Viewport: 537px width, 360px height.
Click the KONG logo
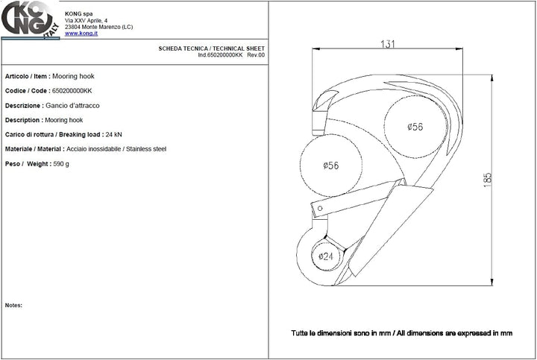pyautogui.click(x=30, y=19)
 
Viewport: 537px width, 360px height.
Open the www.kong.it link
pyautogui.click(x=81, y=34)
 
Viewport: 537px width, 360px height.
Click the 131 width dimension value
pyautogui.click(x=387, y=44)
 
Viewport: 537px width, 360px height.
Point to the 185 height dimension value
pyautogui.click(x=487, y=180)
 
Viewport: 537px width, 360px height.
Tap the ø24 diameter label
pyautogui.click(x=326, y=256)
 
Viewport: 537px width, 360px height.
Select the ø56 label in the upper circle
pyautogui.click(x=415, y=127)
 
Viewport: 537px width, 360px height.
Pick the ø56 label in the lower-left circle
pyautogui.click(x=331, y=165)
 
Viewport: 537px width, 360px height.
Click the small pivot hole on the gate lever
pyautogui.click(x=320, y=208)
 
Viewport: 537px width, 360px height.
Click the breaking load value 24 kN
pyautogui.click(x=113, y=134)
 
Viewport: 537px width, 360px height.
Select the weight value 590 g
pyautogui.click(x=61, y=164)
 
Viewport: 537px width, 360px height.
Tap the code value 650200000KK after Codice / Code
pyautogui.click(x=72, y=91)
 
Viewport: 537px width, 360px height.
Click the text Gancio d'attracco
pyautogui.click(x=72, y=105)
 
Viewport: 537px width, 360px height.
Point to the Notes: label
pyautogui.click(x=13, y=306)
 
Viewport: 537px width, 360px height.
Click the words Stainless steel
pyautogui.click(x=146, y=149)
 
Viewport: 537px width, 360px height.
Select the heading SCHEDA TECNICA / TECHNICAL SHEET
pyautogui.click(x=211, y=48)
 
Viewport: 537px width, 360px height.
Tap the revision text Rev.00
pyautogui.click(x=256, y=54)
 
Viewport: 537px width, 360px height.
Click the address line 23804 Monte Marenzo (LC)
pyautogui.click(x=99, y=27)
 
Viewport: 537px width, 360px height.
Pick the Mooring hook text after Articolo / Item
pyautogui.click(x=73, y=76)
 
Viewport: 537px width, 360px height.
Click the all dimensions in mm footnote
pyautogui.click(x=402, y=333)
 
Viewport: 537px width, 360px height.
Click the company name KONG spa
pyautogui.click(x=79, y=13)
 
